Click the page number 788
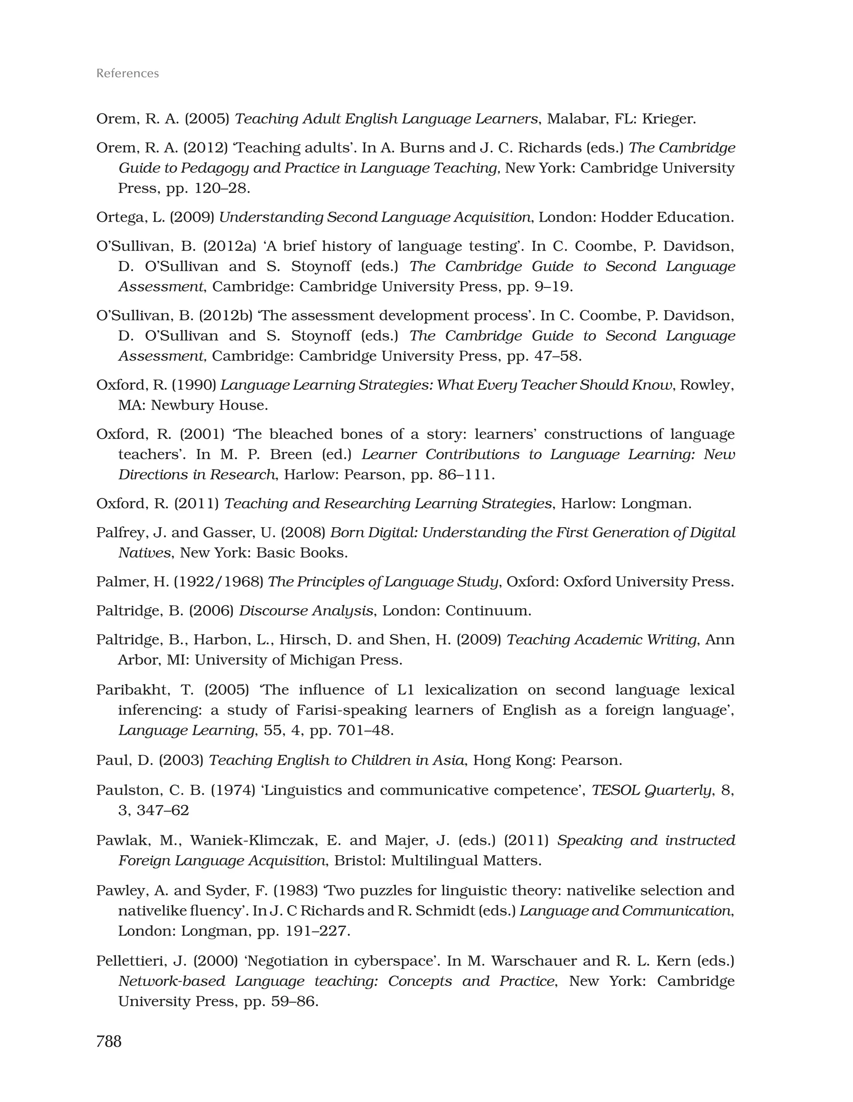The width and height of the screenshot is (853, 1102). (109, 1041)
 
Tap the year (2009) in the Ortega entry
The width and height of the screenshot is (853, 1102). (192, 217)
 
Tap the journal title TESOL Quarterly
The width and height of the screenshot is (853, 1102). (651, 790)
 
